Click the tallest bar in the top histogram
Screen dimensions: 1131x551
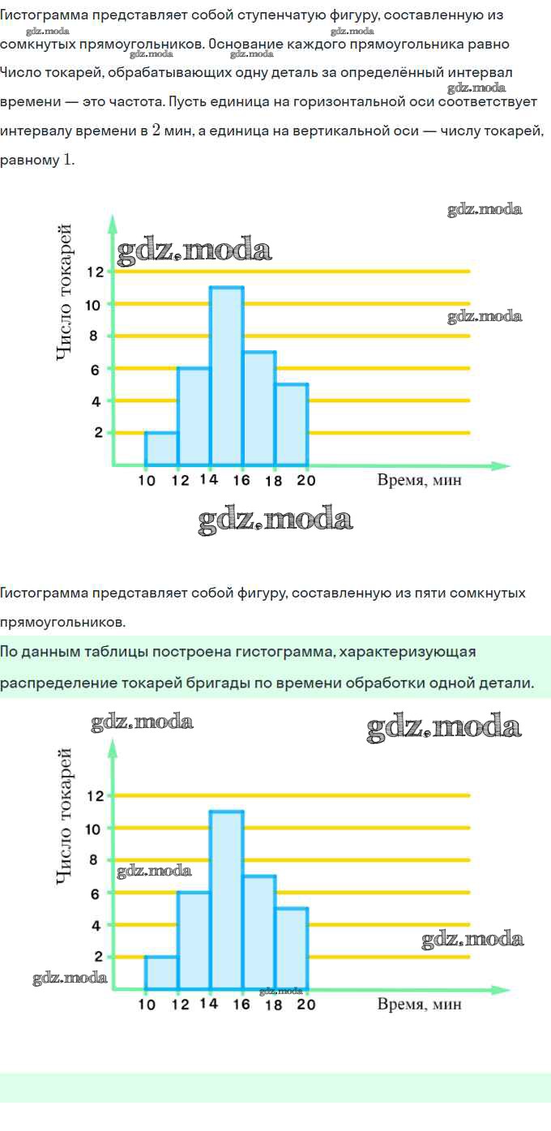[x=226, y=376]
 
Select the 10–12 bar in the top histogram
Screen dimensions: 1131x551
[x=161, y=449]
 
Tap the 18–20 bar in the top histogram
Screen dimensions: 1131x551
[x=292, y=425]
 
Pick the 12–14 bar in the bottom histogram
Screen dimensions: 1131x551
[x=194, y=940]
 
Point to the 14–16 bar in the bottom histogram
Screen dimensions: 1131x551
[x=226, y=900]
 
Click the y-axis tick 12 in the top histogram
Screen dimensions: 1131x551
[x=95, y=272]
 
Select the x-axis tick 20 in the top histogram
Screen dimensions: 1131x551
[x=305, y=480]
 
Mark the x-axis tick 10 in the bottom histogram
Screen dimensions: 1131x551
[x=147, y=1005]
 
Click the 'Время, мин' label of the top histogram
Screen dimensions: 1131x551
[x=419, y=480]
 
